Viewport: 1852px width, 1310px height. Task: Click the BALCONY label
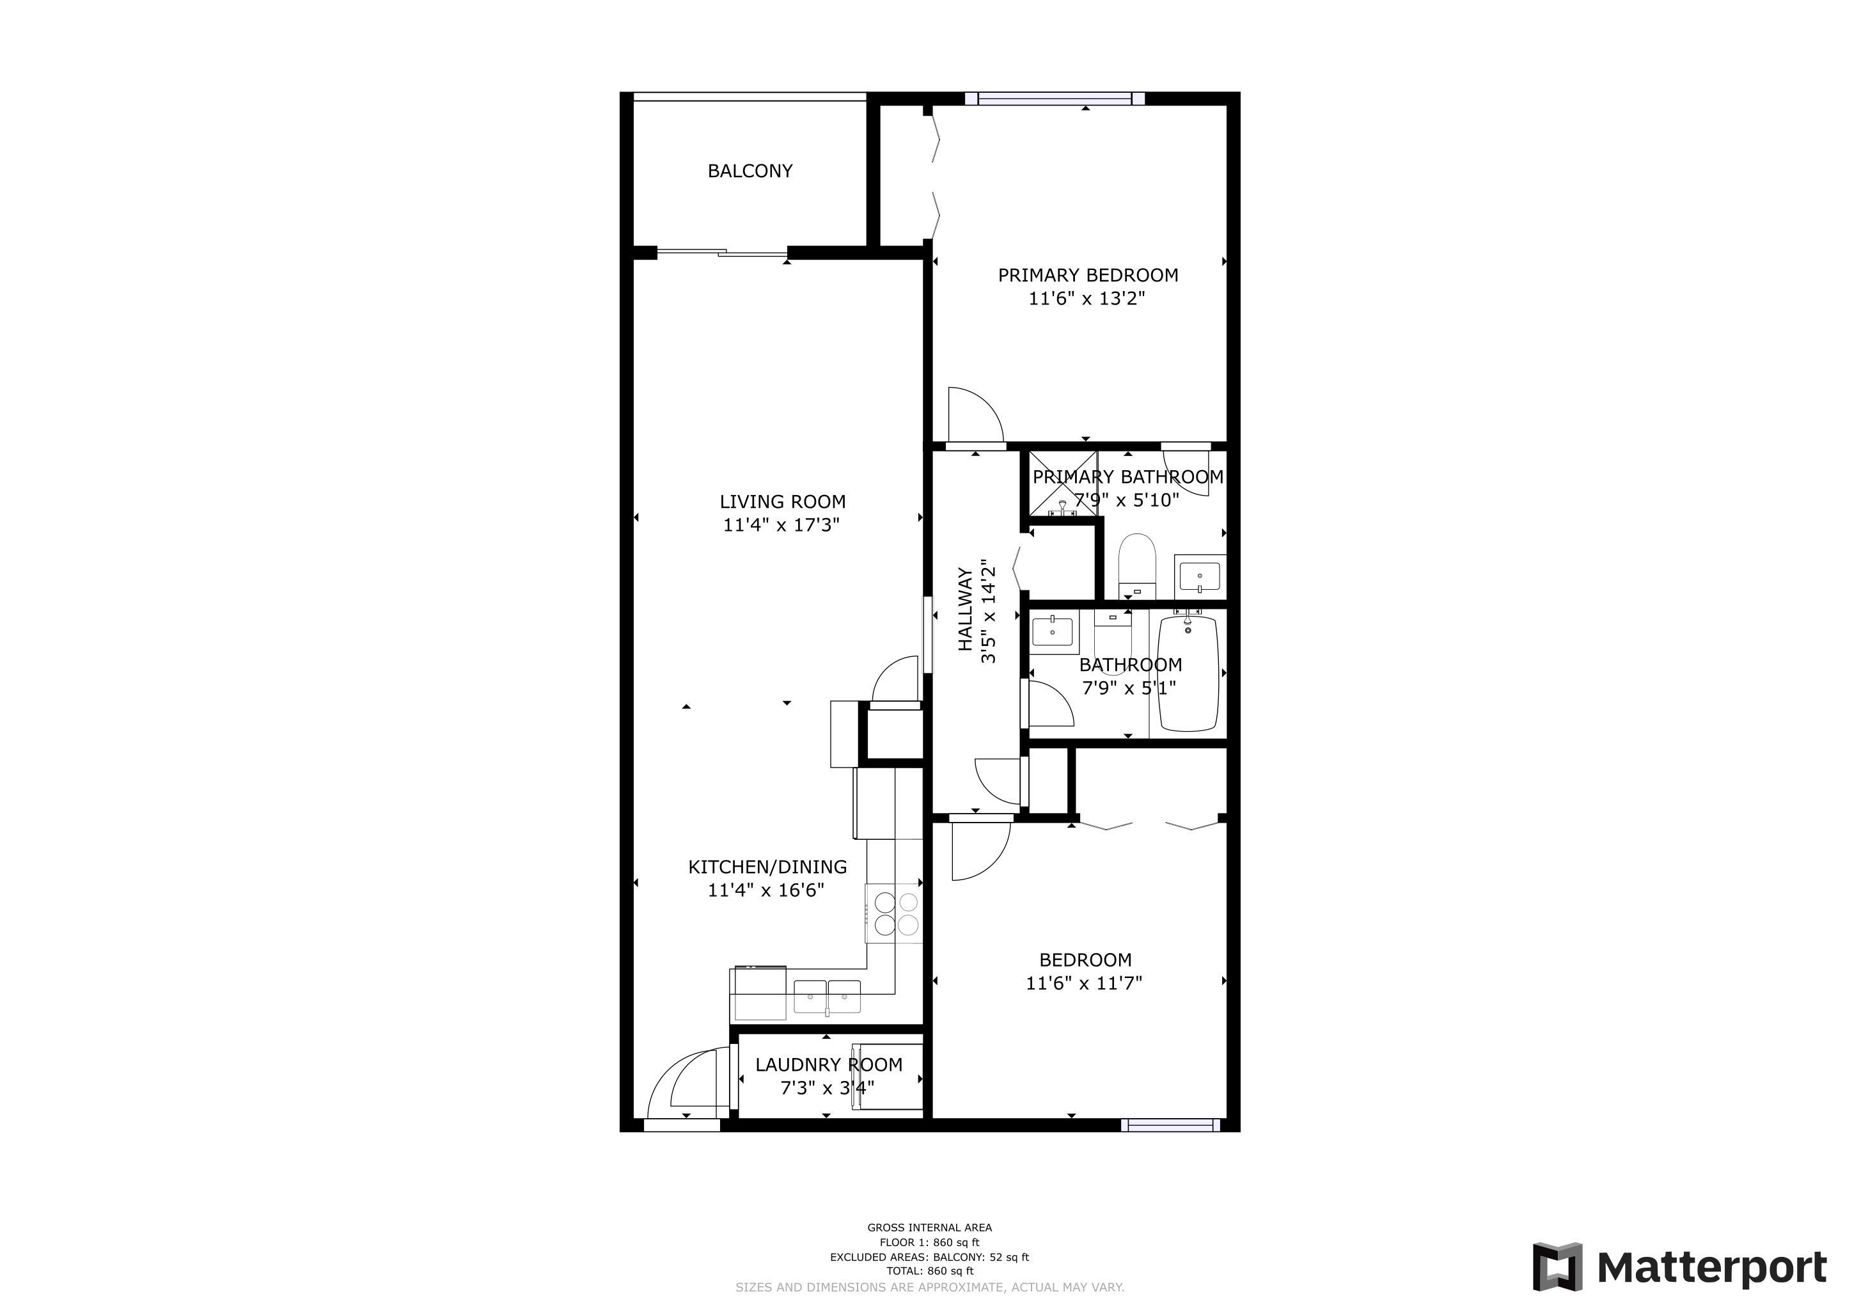click(749, 171)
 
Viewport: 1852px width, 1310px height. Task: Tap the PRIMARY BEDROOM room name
click(1088, 275)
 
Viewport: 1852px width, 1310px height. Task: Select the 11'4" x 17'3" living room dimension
click(781, 525)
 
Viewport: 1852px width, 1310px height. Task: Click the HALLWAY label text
click(965, 610)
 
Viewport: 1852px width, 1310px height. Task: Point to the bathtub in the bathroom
click(1188, 674)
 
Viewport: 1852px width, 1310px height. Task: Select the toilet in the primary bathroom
click(1137, 565)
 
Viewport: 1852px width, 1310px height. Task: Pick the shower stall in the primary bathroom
click(1062, 484)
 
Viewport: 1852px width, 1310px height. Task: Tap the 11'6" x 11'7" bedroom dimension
click(1084, 983)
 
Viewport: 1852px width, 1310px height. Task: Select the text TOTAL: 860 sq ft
click(929, 1271)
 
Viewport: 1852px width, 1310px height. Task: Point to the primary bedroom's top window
click(1055, 99)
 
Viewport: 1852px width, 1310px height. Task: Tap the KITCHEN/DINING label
click(767, 867)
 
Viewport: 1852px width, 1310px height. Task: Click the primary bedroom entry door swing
click(975, 414)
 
